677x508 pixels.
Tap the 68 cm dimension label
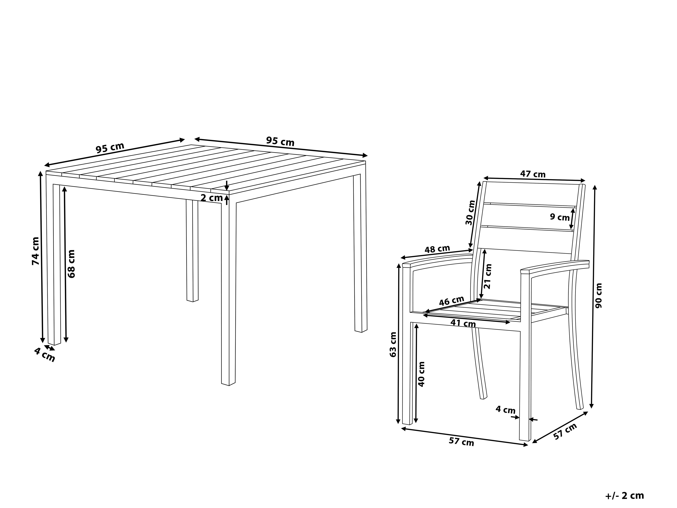tap(71, 264)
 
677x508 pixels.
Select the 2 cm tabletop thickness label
tap(212, 198)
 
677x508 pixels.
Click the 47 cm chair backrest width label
tap(533, 174)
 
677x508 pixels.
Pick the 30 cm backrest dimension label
tap(470, 212)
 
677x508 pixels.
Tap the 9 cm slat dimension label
tap(560, 217)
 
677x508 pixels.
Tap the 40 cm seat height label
tap(421, 374)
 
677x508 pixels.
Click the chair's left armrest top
tap(438, 260)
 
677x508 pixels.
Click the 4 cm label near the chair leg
tap(506, 410)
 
